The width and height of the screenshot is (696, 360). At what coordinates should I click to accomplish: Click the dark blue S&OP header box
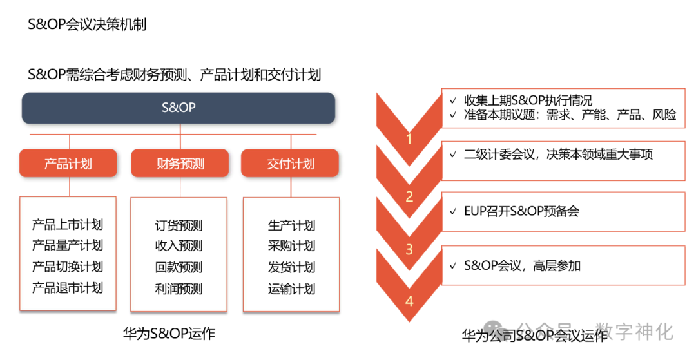click(x=179, y=108)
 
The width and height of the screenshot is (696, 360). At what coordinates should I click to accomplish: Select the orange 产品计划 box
click(x=68, y=164)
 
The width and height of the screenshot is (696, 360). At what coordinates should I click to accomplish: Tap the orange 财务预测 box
click(x=179, y=164)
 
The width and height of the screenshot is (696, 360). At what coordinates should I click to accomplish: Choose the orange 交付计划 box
click(x=290, y=164)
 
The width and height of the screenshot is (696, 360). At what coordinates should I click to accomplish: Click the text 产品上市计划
click(x=68, y=225)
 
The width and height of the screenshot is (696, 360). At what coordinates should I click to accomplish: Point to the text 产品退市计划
click(x=68, y=288)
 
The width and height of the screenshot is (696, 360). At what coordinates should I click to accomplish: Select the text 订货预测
click(x=179, y=225)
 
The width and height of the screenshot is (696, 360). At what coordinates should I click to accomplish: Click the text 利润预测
click(x=179, y=289)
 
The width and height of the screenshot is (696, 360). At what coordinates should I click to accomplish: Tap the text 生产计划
click(x=291, y=225)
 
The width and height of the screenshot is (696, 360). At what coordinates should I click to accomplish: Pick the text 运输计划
click(x=291, y=289)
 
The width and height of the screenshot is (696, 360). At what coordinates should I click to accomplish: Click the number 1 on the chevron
click(x=409, y=138)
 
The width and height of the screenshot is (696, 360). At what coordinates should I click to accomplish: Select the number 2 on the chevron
click(x=409, y=196)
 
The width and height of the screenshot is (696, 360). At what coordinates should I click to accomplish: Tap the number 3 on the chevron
click(x=409, y=249)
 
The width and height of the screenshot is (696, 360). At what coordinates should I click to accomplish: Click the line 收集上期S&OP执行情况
click(x=528, y=100)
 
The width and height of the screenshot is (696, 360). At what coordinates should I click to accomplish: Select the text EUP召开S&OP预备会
click(x=521, y=211)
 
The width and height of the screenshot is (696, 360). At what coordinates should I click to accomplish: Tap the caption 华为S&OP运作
click(x=169, y=334)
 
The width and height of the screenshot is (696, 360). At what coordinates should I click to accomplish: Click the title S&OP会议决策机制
click(x=87, y=24)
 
